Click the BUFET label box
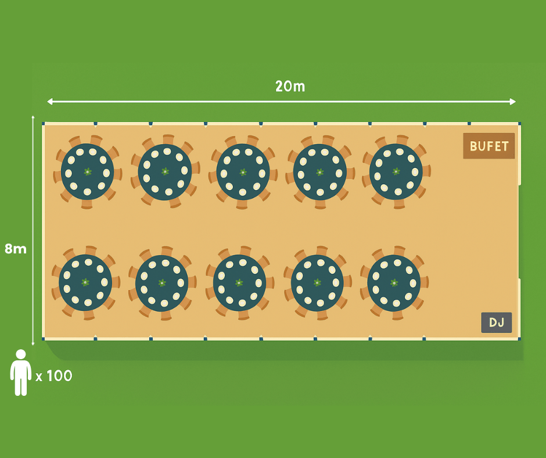[489, 146]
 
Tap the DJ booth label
[497, 323]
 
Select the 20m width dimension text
[290, 87]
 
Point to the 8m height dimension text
[16, 249]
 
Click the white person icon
[21, 373]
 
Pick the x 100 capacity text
[54, 376]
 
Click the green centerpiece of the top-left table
[88, 171]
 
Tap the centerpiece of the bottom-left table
[85, 282]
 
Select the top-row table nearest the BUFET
[396, 171]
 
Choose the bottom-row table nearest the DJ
[394, 282]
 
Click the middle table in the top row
[243, 172]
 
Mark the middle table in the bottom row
[239, 282]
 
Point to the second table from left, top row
[165, 171]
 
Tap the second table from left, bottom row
[162, 283]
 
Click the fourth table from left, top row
[319, 172]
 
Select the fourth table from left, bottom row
[317, 282]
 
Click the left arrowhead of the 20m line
[49, 102]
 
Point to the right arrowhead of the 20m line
[513, 102]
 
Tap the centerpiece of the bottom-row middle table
[239, 282]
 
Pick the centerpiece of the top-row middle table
[243, 172]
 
